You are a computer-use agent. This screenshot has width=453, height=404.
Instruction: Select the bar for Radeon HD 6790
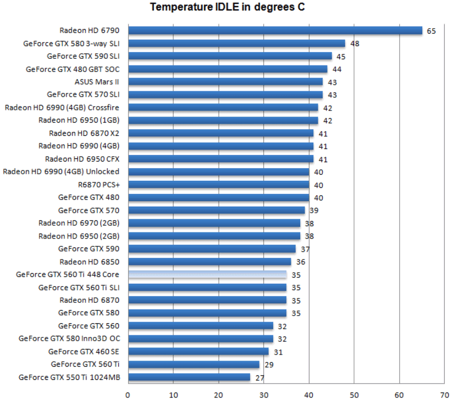coord(275,31)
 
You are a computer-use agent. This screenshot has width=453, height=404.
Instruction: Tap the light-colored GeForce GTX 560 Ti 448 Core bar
coord(207,274)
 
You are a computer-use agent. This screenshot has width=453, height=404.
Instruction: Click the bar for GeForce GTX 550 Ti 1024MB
coord(189,377)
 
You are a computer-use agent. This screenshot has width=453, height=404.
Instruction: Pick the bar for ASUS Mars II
coord(225,82)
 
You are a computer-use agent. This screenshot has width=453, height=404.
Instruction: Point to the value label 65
coord(431,31)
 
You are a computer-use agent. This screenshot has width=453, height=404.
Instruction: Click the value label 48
coord(355,43)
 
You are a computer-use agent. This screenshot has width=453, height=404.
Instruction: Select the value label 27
coord(259,377)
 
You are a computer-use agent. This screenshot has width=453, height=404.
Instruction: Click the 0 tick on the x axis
coord(128,394)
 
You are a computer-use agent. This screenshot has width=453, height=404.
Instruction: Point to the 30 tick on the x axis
coord(264,394)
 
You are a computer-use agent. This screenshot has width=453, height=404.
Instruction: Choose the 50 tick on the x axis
coord(355,394)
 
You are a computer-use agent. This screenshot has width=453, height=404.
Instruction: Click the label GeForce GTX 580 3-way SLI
coord(71,43)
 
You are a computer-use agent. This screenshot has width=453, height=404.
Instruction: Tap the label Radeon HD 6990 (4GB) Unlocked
coord(61,171)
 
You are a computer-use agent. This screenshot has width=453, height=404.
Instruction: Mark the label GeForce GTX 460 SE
coord(84,351)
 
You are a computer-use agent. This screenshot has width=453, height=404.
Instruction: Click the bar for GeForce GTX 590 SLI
coord(230,56)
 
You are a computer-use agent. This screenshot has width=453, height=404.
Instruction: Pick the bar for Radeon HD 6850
coord(209,262)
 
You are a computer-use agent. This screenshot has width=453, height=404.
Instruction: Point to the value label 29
coord(268,364)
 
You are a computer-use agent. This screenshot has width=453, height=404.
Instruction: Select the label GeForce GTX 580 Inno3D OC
coord(69,339)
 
